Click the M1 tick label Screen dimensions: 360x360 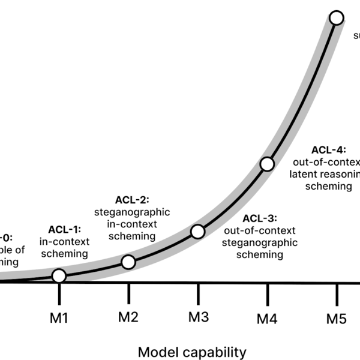(x=59, y=317)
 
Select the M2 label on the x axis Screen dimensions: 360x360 (x=129, y=317)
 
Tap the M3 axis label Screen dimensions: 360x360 (x=198, y=317)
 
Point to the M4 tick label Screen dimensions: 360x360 (x=268, y=319)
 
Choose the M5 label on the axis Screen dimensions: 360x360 (x=337, y=318)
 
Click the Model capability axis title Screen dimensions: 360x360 (x=192, y=352)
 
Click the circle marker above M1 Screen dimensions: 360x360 (x=59, y=276)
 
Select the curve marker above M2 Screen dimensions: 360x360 (x=128, y=262)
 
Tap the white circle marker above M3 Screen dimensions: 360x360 (x=197, y=231)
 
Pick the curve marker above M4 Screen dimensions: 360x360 (x=267, y=164)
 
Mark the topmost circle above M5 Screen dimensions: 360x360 (x=336, y=18)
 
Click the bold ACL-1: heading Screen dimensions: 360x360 (x=64, y=230)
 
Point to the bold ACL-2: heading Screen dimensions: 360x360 (x=132, y=200)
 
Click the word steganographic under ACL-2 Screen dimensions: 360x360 (x=132, y=212)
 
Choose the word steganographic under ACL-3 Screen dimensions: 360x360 (x=260, y=242)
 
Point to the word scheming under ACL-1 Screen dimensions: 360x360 (x=64, y=254)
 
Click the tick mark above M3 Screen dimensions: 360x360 (x=198, y=292)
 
